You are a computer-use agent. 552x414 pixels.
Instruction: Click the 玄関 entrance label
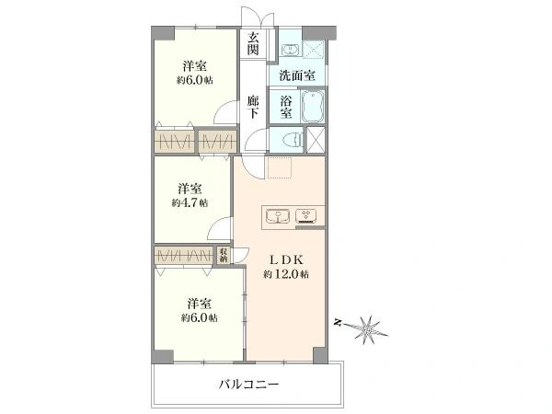pos(253,43)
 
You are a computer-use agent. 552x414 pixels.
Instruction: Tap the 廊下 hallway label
pos(253,107)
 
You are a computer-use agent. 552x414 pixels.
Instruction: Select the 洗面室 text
pos(297,76)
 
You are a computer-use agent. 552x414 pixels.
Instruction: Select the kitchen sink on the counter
pos(278,217)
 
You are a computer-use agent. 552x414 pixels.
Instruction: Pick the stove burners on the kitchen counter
pos(306,217)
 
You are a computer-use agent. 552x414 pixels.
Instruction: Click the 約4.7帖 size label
pos(190,201)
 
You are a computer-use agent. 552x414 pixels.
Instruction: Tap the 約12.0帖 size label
pos(286,274)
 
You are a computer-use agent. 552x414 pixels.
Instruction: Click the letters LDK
pos(286,259)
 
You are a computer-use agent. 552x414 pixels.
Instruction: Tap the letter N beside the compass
pos(339,322)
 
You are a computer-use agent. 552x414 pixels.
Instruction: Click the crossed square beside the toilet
pos(316,140)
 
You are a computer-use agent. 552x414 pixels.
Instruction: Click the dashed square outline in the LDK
pos(278,168)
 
